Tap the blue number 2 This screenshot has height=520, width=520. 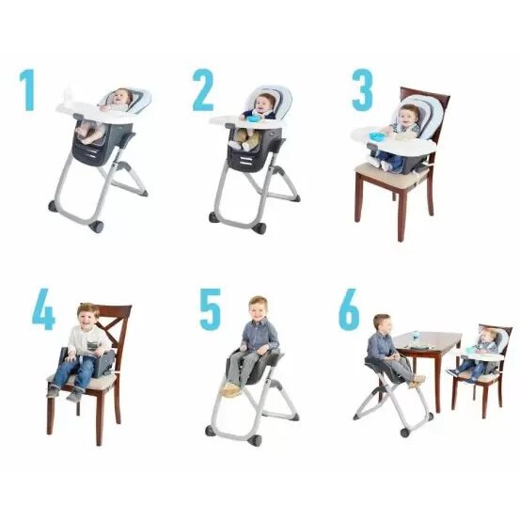click(x=203, y=91)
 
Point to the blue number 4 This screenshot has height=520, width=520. click(x=42, y=310)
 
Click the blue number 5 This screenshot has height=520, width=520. click(x=209, y=308)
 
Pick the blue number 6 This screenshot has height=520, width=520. click(x=349, y=309)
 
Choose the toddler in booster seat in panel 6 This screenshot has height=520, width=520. click(x=484, y=346)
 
